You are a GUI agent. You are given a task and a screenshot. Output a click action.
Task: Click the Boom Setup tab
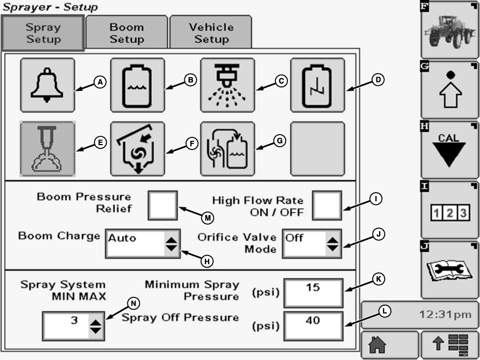(x=126, y=33)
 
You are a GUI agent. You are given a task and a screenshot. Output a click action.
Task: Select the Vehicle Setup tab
(x=211, y=33)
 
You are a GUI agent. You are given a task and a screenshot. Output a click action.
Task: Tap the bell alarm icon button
(x=47, y=85)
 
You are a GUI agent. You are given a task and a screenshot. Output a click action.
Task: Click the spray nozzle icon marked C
(x=228, y=85)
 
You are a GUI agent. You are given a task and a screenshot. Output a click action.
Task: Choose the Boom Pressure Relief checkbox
(x=163, y=205)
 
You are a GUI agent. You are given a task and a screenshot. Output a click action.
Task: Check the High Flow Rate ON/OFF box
(x=326, y=205)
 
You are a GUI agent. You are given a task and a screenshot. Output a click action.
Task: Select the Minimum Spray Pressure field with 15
(x=313, y=292)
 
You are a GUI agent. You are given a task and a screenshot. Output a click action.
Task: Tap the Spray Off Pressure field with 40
(x=313, y=326)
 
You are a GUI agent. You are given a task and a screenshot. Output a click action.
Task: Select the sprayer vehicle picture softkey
(x=449, y=29)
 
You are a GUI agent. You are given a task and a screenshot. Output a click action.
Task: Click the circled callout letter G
(x=280, y=141)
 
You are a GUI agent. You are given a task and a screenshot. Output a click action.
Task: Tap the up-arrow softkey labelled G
(x=449, y=89)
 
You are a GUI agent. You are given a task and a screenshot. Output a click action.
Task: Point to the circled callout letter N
(x=133, y=303)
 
